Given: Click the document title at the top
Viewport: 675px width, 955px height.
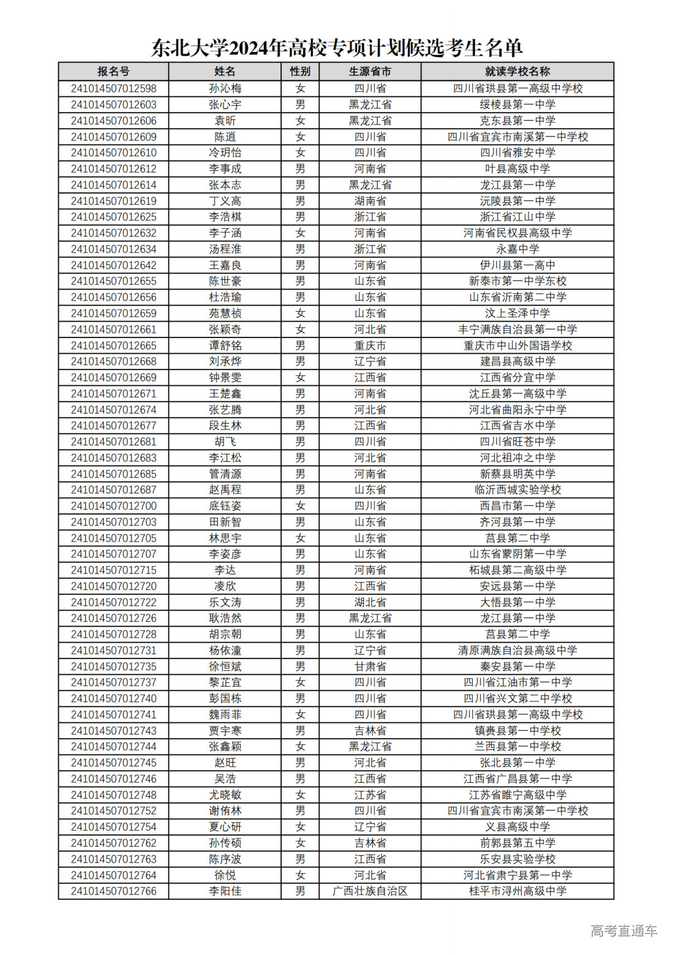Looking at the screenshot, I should click(x=337, y=47).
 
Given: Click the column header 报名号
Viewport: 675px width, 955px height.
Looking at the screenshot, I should click(x=113, y=72).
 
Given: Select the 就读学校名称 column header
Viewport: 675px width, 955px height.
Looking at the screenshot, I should click(x=517, y=72).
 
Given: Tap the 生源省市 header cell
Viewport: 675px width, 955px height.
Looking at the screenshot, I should click(x=370, y=72).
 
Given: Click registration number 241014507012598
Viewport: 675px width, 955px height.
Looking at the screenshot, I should click(x=113, y=88).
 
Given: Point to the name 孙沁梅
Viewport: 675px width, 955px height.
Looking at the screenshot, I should click(x=225, y=88).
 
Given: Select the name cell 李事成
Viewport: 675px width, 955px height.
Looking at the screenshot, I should click(x=225, y=168).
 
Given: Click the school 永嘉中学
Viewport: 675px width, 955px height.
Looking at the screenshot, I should click(x=517, y=249).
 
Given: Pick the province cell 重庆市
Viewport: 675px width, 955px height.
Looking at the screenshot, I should click(x=370, y=345).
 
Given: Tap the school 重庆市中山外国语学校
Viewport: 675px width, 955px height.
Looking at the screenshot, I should click(x=517, y=345).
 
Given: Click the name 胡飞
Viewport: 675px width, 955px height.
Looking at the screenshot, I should click(x=225, y=442).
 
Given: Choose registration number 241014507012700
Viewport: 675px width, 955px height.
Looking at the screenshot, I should click(x=113, y=506).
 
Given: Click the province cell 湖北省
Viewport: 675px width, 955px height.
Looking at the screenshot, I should click(x=370, y=602).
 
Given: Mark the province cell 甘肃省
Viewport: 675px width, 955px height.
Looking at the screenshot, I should click(x=370, y=666).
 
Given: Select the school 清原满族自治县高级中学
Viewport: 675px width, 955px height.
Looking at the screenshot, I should click(x=517, y=651).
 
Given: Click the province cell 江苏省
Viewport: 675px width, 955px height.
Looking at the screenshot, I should click(x=370, y=795).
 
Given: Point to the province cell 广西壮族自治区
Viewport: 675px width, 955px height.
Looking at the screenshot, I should click(x=370, y=891).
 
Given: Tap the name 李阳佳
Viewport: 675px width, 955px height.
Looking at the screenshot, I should click(x=225, y=891).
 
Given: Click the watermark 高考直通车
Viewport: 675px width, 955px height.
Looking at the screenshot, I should click(x=624, y=930).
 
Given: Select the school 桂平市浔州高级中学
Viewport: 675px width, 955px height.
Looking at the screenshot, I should click(x=517, y=891).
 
